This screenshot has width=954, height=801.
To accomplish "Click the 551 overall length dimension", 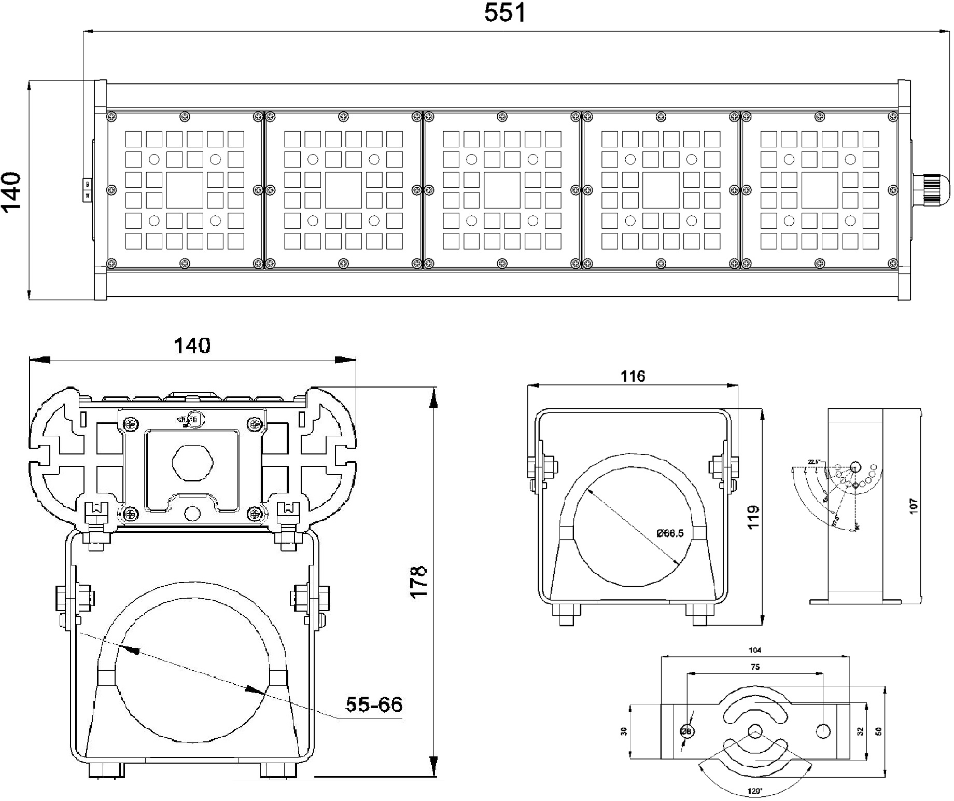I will tap(504, 13).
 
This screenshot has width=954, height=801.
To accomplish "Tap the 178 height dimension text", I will tap(419, 581).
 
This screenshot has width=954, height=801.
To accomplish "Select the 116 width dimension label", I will tap(633, 376).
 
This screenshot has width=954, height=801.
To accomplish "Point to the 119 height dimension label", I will tap(753, 517).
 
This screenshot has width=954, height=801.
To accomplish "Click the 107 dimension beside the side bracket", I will tap(913, 506).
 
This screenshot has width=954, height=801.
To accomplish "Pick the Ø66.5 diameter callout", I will tap(670, 533).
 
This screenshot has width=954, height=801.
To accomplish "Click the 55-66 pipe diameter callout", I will tap(374, 704).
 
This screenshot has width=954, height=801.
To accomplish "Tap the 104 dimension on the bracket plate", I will tap(755, 650).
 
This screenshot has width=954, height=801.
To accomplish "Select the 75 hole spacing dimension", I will tap(755, 667).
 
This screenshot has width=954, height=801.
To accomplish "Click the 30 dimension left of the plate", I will tap(624, 731).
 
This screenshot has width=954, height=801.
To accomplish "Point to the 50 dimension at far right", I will tap(878, 731).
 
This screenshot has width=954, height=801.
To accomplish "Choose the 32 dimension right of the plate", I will tap(861, 731).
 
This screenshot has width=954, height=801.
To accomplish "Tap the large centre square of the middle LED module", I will tap(502, 190).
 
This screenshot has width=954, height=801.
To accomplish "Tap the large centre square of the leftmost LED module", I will tap(185, 190).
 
